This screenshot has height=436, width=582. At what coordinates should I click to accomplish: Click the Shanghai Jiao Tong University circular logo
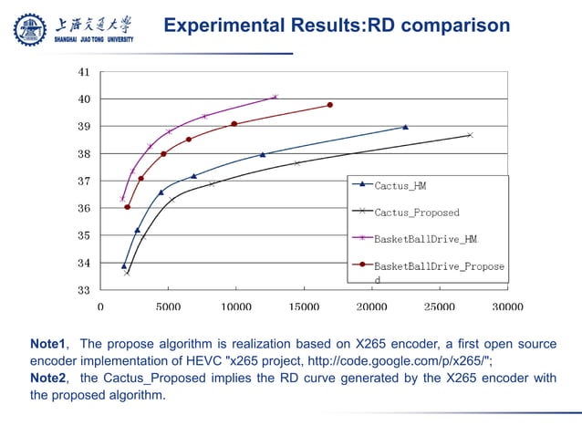pyautogui.click(x=28, y=30)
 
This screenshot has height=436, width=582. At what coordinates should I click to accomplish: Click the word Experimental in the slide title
pyautogui.click(x=216, y=26)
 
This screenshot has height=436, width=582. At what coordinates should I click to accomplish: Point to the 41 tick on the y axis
pyautogui.click(x=84, y=71)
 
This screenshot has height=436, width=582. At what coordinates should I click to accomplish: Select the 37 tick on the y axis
pyautogui.click(x=84, y=181)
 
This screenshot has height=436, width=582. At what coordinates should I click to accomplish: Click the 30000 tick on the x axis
pyautogui.click(x=507, y=307)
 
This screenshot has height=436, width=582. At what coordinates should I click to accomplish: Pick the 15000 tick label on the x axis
pyautogui.click(x=304, y=307)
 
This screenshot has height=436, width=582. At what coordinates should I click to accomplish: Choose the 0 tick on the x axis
pyautogui.click(x=100, y=307)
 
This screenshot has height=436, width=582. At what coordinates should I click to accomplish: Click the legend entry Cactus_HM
pyautogui.click(x=400, y=185)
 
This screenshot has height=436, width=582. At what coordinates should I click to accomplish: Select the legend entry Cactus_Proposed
pyautogui.click(x=417, y=213)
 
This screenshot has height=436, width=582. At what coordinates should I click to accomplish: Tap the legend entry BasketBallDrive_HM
pyautogui.click(x=426, y=239)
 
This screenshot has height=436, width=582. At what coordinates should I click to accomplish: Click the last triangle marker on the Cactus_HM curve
pyautogui.click(x=405, y=128)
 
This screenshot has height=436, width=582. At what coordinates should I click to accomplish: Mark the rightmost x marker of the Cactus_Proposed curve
pyautogui.click(x=470, y=135)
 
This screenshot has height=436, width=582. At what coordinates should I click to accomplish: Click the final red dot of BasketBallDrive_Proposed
pyautogui.click(x=330, y=105)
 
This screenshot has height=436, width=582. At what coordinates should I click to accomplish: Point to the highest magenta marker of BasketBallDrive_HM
pyautogui.click(x=275, y=97)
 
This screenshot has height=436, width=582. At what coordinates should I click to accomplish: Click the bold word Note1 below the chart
pyautogui.click(x=48, y=344)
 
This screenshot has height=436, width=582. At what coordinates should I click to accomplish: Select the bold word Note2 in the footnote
pyautogui.click(x=48, y=379)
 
